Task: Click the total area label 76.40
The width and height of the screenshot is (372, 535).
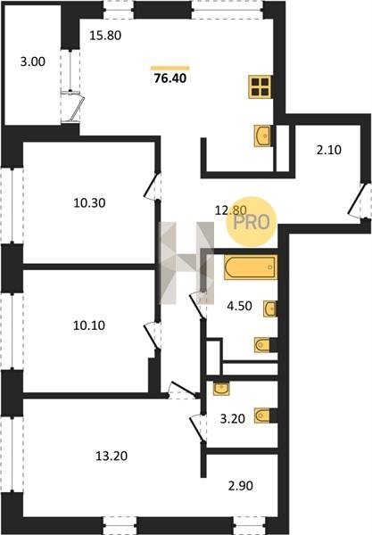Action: tap(170, 78)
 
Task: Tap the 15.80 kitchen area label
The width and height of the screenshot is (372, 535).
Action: tap(105, 36)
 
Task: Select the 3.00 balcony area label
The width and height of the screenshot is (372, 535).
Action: tap(33, 62)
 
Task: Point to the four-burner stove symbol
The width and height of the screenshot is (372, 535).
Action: tap(260, 86)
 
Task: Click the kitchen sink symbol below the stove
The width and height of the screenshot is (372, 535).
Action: tap(262, 136)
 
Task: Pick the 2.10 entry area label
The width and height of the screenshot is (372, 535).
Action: tap(329, 150)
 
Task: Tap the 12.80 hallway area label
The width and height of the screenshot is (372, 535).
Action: tap(230, 210)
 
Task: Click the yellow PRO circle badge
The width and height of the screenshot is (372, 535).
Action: tap(252, 222)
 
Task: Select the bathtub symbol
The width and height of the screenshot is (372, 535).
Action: tap(250, 267)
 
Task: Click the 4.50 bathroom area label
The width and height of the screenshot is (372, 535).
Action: tap(240, 306)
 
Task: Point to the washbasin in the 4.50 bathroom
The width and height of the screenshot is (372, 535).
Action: tap(269, 309)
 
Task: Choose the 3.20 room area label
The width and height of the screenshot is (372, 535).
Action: tap(233, 419)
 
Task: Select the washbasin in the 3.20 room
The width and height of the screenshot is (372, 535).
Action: tap(221, 388)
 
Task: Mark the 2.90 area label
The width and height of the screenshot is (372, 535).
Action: tap(241, 486)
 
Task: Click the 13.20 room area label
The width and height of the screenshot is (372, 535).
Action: tap(112, 456)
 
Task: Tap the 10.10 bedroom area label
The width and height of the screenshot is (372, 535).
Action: tap(89, 325)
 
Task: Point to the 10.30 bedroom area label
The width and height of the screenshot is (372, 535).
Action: tap(89, 203)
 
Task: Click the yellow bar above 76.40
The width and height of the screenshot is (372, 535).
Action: tap(170, 68)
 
